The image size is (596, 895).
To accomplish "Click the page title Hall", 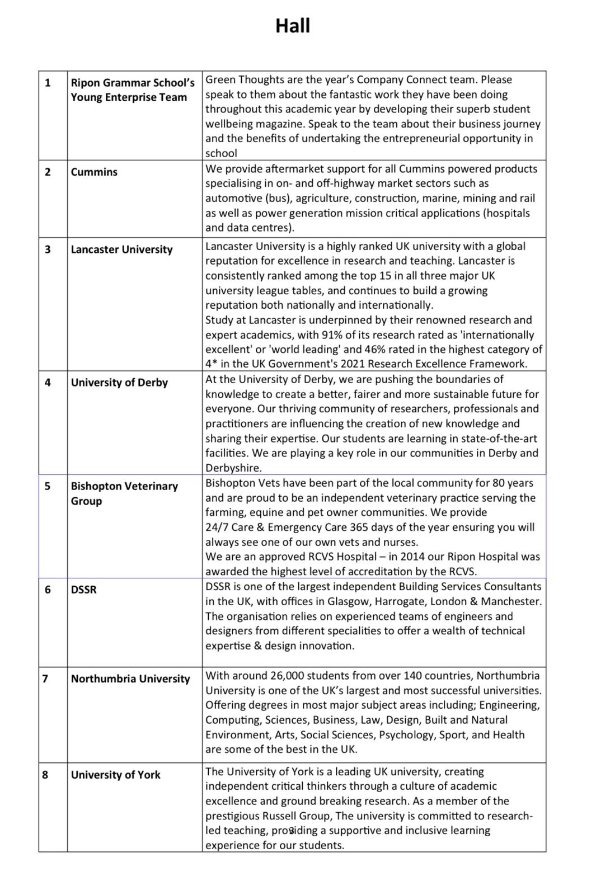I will (292, 26).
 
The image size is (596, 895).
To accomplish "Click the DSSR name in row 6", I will (83, 590).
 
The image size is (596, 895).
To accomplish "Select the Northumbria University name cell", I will (130, 679).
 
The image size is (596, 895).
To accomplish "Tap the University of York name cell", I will (115, 775).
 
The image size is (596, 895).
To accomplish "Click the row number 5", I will (48, 486).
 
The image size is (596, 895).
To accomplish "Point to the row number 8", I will (45, 775).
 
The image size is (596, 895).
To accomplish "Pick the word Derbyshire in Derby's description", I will (233, 468).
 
